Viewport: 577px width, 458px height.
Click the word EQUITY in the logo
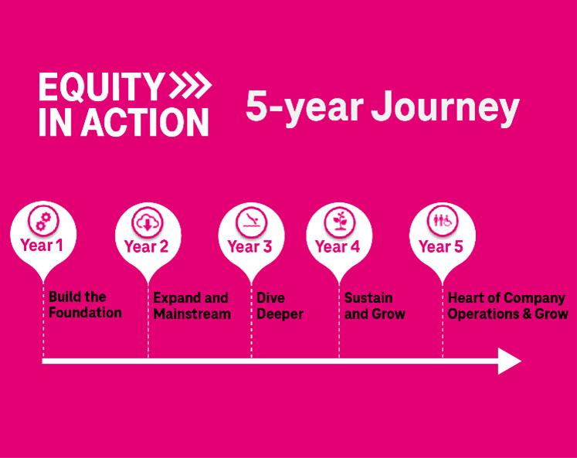pyautogui.click(x=101, y=87)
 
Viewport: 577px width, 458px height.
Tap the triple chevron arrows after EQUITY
pyautogui.click(x=190, y=86)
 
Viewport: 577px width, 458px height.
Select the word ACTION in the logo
pyautogui.click(x=144, y=123)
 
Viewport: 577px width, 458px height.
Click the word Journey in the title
pyautogui.click(x=445, y=107)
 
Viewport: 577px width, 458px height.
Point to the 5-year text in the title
pyautogui.click(x=304, y=107)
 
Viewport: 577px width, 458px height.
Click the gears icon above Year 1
pyautogui.click(x=43, y=221)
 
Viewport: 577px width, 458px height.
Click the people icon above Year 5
pyautogui.click(x=443, y=222)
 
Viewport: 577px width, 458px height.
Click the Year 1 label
pyautogui.click(x=42, y=246)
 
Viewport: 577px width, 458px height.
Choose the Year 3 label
pyautogui.click(x=249, y=246)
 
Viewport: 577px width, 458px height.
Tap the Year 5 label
pyautogui.click(x=440, y=246)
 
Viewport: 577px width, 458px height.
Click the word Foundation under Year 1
pyautogui.click(x=85, y=313)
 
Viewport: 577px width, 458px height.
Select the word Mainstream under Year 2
pyautogui.click(x=192, y=314)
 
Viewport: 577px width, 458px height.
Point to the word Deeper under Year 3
pyautogui.click(x=280, y=314)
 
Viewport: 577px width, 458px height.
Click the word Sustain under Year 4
pyautogui.click(x=368, y=298)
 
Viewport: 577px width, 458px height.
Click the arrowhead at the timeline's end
pyautogui.click(x=510, y=361)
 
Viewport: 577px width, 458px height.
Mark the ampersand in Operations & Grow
pyautogui.click(x=527, y=314)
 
